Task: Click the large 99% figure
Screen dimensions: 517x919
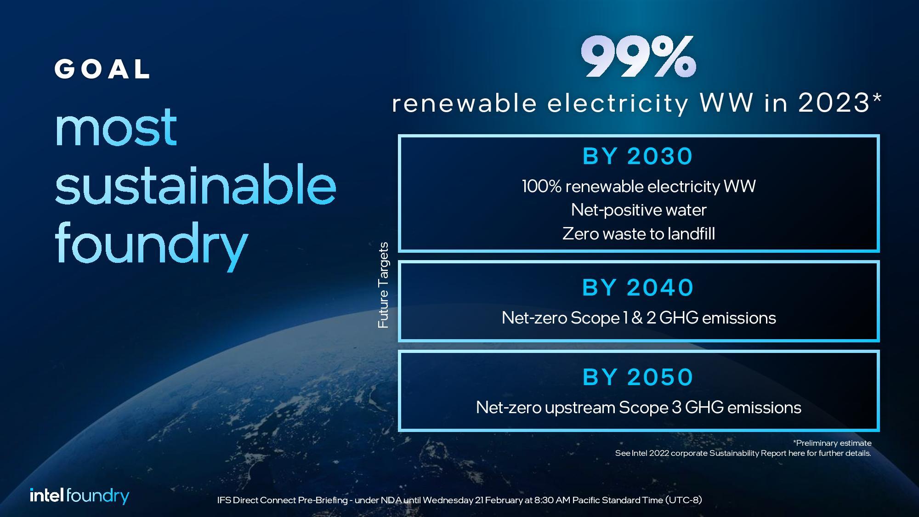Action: [638, 57]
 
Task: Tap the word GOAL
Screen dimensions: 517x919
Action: [102, 69]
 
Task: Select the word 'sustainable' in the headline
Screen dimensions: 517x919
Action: [195, 187]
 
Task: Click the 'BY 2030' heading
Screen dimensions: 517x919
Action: [638, 156]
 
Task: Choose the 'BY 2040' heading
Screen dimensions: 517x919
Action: [638, 288]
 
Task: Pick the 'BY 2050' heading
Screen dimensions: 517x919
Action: [638, 377]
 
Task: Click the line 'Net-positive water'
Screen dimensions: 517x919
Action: [638, 210]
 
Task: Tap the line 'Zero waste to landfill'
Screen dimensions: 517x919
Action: [638, 234]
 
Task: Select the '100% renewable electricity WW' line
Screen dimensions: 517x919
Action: [638, 187]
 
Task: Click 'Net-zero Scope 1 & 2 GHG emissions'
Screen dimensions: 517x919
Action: [638, 318]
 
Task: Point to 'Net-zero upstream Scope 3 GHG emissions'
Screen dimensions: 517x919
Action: [638, 408]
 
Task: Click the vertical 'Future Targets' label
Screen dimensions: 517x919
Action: [383, 285]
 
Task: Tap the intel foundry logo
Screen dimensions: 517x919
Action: [79, 496]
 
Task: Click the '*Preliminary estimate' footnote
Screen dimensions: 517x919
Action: [832, 443]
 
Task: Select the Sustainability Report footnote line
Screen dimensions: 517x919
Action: [743, 453]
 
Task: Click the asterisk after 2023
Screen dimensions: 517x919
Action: [876, 98]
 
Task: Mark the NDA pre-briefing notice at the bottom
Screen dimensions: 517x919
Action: [459, 500]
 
